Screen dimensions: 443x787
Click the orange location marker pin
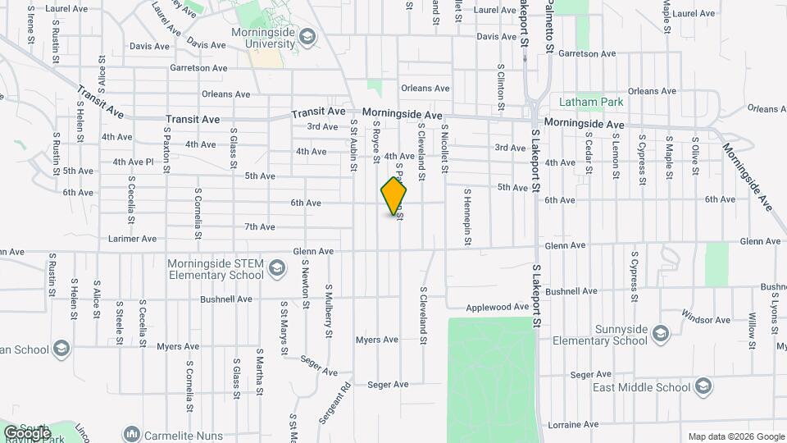(393, 195)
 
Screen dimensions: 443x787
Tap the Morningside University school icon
(307, 36)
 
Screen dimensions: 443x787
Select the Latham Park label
(590, 103)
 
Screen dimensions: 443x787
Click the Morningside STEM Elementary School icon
(278, 269)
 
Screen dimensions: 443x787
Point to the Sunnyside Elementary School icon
(661, 333)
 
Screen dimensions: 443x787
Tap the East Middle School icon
(703, 386)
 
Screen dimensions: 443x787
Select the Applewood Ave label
(498, 308)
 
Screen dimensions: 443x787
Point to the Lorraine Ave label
(575, 425)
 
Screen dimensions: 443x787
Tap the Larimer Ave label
(133, 239)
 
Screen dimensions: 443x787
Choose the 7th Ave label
(259, 226)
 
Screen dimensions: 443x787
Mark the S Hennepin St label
(467, 217)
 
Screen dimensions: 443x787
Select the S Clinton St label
(499, 87)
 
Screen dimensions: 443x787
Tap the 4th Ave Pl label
(133, 162)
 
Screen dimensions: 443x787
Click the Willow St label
(751, 330)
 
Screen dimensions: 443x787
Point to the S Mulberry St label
(328, 310)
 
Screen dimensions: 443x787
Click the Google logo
(26, 432)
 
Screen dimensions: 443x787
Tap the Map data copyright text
(735, 436)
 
